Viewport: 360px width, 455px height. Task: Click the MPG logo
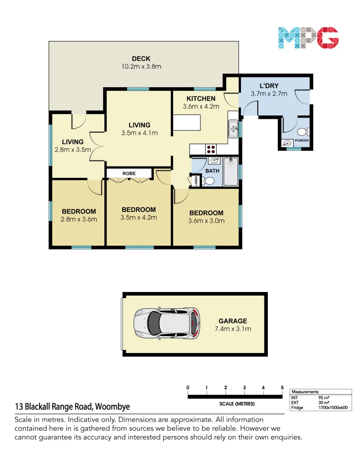pos(308,37)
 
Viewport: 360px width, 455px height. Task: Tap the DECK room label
pos(141,59)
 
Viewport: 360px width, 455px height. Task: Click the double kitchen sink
pos(233,129)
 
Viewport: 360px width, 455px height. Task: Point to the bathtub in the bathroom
pos(230,172)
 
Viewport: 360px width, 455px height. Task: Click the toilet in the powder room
pos(303,131)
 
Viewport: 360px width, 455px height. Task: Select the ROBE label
pos(129,173)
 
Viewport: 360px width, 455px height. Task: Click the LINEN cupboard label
pos(196,181)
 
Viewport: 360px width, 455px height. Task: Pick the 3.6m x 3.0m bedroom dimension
pos(206,221)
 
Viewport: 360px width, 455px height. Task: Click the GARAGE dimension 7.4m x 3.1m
pos(232,329)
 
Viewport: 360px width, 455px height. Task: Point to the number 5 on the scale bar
pos(282,388)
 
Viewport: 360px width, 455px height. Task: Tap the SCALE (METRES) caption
pos(237,404)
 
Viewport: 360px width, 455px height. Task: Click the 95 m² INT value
pos(324,397)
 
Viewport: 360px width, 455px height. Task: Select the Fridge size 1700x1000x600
pos(333,407)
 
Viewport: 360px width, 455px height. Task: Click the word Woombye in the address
pos(112,407)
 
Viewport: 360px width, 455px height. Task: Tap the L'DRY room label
pos(269,86)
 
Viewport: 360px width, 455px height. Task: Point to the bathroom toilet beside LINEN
pos(208,181)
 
